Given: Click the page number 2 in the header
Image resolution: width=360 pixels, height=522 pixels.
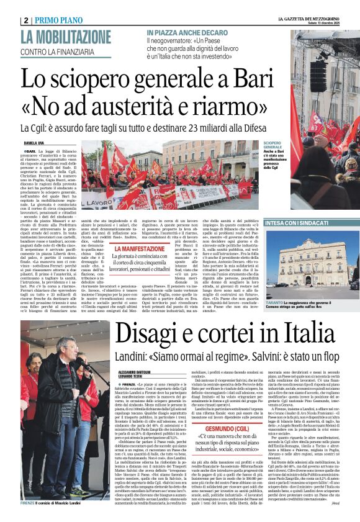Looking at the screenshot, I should coord(26,20).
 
